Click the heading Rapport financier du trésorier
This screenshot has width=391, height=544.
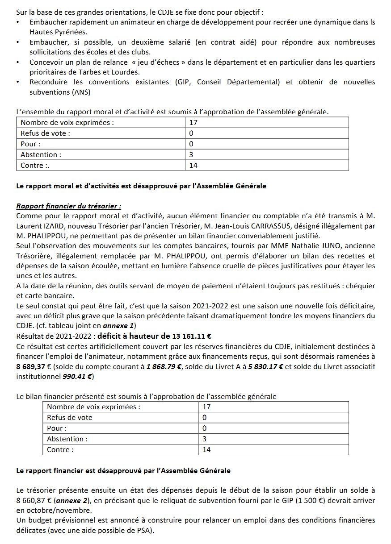pos(68,206)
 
